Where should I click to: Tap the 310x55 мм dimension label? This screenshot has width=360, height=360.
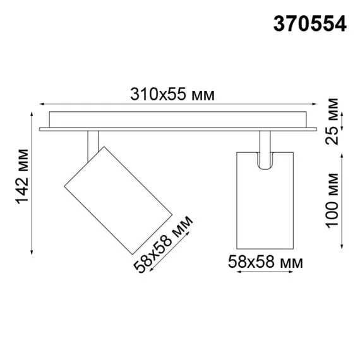[x=172, y=95]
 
